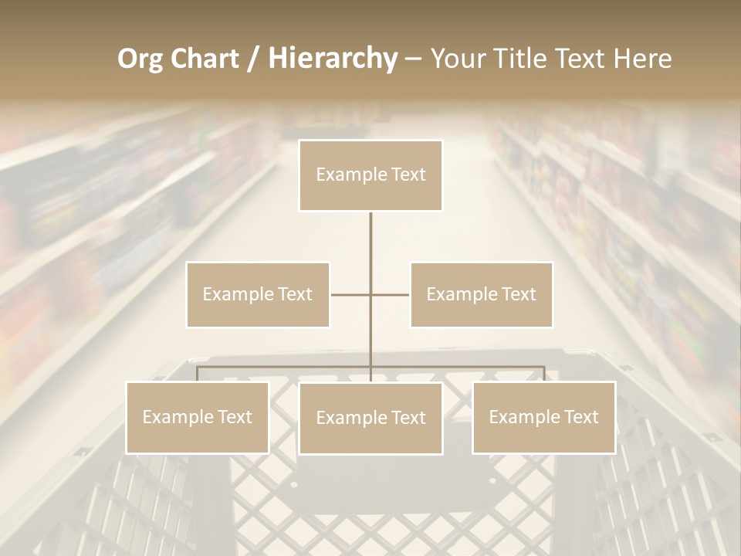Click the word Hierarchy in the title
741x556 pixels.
point(332,59)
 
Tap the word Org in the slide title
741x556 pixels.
point(140,59)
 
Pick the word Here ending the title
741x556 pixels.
point(643,59)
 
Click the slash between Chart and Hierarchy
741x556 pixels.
point(252,59)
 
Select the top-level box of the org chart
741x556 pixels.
point(370,175)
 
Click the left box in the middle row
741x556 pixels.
point(258,294)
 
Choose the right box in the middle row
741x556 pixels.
point(482,294)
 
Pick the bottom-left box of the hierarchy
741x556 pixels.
point(198,417)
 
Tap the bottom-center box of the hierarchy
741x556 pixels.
point(370,418)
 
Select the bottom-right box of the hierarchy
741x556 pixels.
point(544,417)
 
